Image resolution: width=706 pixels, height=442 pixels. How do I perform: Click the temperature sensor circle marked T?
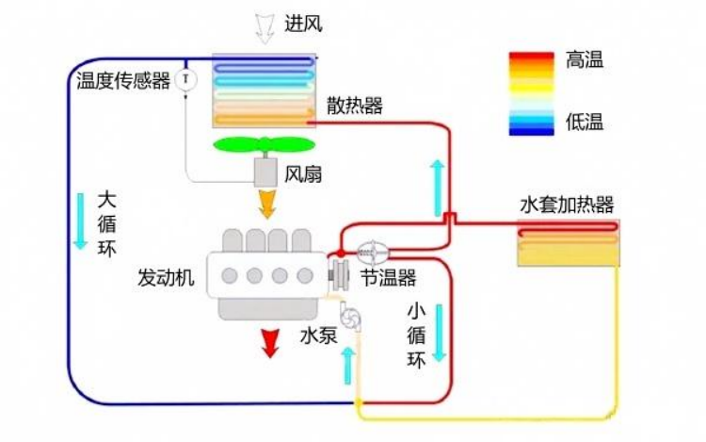click(x=185, y=80)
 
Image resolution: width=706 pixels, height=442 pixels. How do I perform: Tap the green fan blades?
click(x=265, y=144)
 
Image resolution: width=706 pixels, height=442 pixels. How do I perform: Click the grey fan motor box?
click(x=265, y=172)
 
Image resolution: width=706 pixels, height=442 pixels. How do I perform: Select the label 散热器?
click(x=355, y=106)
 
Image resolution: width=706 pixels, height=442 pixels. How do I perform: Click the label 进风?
click(x=303, y=24)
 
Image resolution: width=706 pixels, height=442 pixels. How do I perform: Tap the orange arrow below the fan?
click(x=267, y=205)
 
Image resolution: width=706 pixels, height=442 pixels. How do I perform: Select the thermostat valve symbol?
click(x=373, y=253)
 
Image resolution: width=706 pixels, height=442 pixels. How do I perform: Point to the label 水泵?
click(x=318, y=336)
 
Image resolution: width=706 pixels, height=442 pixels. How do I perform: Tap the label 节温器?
click(x=388, y=277)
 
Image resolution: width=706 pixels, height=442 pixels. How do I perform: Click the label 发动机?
click(x=166, y=277)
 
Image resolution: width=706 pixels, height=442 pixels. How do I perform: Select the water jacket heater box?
click(x=569, y=243)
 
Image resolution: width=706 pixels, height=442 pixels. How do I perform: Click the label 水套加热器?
click(x=567, y=205)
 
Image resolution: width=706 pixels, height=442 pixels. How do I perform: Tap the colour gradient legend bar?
click(x=531, y=93)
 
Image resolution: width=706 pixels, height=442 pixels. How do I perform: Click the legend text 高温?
click(x=585, y=60)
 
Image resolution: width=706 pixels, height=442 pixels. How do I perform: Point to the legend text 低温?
click(x=585, y=122)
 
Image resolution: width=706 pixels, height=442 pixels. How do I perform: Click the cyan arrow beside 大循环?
click(x=80, y=221)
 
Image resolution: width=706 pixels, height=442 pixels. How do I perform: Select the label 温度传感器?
click(x=123, y=81)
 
